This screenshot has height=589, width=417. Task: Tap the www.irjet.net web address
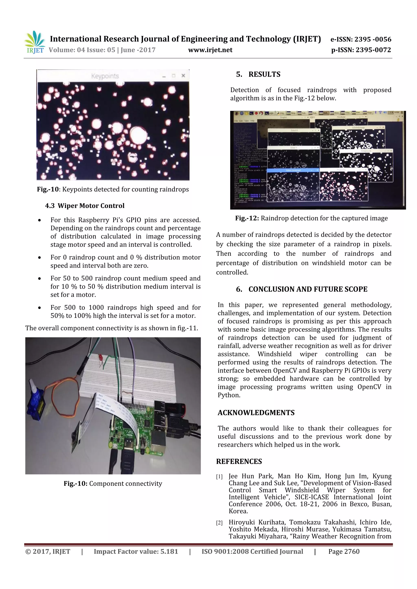tap(210, 50)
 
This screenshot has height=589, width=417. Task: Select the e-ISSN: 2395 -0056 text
tap(361, 39)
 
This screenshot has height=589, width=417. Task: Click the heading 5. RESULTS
tap(258, 74)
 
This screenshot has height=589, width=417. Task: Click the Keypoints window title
tap(105, 76)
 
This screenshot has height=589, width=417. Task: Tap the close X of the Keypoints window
tap(183, 76)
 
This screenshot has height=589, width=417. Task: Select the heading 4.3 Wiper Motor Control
tap(85, 206)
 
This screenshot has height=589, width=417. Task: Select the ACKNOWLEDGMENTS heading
tap(256, 413)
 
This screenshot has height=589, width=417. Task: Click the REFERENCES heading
tap(239, 462)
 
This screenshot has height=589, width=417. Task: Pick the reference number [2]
tap(219, 523)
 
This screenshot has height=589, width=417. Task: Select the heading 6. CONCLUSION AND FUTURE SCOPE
tap(302, 289)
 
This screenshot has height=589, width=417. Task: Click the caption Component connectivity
tap(126, 483)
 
